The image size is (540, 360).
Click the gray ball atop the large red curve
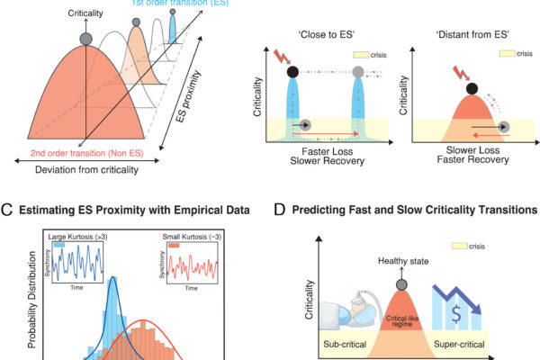tap(85, 40)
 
